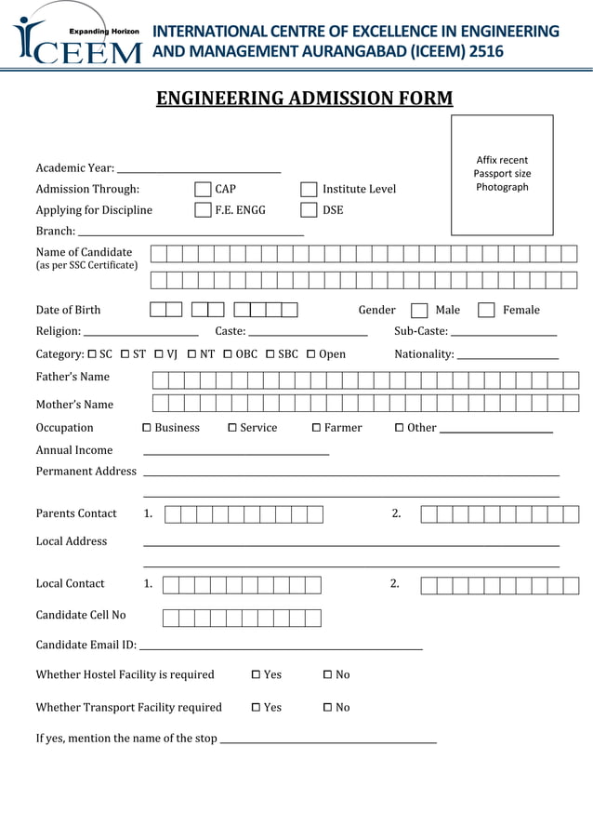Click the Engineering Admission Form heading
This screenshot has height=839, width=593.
(304, 99)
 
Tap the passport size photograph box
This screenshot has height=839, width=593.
(502, 175)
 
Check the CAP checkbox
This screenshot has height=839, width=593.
(203, 190)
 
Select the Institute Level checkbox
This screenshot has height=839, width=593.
(309, 190)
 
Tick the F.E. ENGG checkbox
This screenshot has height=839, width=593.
(203, 210)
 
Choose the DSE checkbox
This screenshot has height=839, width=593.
(309, 210)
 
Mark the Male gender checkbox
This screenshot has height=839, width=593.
(419, 311)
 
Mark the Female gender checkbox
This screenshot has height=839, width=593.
(486, 311)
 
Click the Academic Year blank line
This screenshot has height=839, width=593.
(199, 169)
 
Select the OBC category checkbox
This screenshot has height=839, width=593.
(228, 354)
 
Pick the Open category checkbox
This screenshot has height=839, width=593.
(311, 354)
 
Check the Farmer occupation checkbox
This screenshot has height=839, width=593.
(316, 428)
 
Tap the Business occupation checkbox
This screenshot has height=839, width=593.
(147, 428)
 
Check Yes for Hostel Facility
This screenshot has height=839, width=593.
(256, 675)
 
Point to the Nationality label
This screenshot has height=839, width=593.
(424, 354)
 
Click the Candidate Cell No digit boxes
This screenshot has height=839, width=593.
(242, 619)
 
